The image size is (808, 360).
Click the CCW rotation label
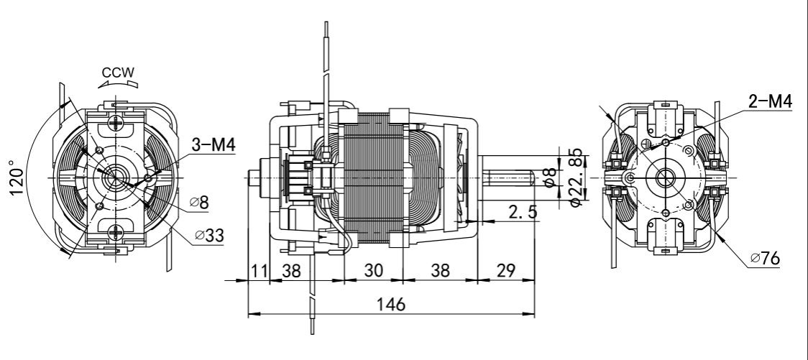[117, 72]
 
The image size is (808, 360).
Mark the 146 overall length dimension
[390, 303]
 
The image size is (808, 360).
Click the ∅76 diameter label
[765, 257]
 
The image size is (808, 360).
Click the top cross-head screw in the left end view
[115, 121]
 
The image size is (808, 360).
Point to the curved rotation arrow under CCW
[117, 83]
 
